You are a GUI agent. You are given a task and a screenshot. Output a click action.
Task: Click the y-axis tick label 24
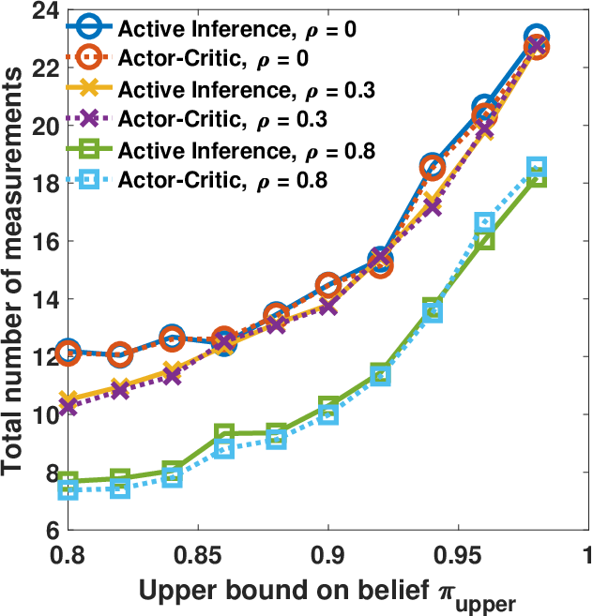coord(46,10)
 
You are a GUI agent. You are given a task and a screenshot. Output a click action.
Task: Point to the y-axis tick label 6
coord(53,531)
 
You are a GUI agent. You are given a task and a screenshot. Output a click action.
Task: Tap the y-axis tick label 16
coord(46,241)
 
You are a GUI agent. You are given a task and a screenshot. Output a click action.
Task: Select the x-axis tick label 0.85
coord(198,555)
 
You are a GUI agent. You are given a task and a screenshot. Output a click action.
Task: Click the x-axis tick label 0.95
coord(458,555)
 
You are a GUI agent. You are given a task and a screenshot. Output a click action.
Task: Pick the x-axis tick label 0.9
coord(328,555)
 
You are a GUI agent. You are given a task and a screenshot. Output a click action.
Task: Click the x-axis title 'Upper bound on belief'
coord(284,590)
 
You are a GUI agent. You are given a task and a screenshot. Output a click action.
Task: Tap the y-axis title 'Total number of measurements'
coord(11,272)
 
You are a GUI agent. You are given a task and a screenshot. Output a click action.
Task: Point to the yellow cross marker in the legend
coord(89,87)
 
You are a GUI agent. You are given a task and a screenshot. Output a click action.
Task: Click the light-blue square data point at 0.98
coord(537,166)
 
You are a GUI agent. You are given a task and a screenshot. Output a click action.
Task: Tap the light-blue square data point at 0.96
coord(484,222)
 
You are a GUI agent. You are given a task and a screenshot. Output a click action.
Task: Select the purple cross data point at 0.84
coord(172,376)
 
